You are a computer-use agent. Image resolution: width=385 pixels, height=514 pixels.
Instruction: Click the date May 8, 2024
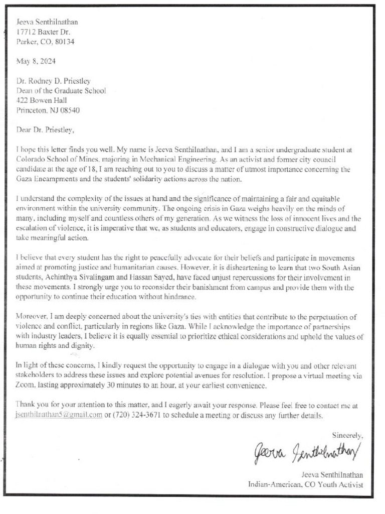point(36,61)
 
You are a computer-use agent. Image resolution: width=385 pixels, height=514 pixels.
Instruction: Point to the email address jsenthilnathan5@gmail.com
point(59,416)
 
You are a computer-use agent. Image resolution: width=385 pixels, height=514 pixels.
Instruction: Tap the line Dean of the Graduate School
point(61,91)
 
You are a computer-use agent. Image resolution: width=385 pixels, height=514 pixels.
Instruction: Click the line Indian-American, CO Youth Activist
point(305,484)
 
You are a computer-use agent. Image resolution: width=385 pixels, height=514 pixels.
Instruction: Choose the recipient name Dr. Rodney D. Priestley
point(54,81)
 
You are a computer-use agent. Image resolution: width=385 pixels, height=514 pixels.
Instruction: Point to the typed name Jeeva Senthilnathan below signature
point(332,474)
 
